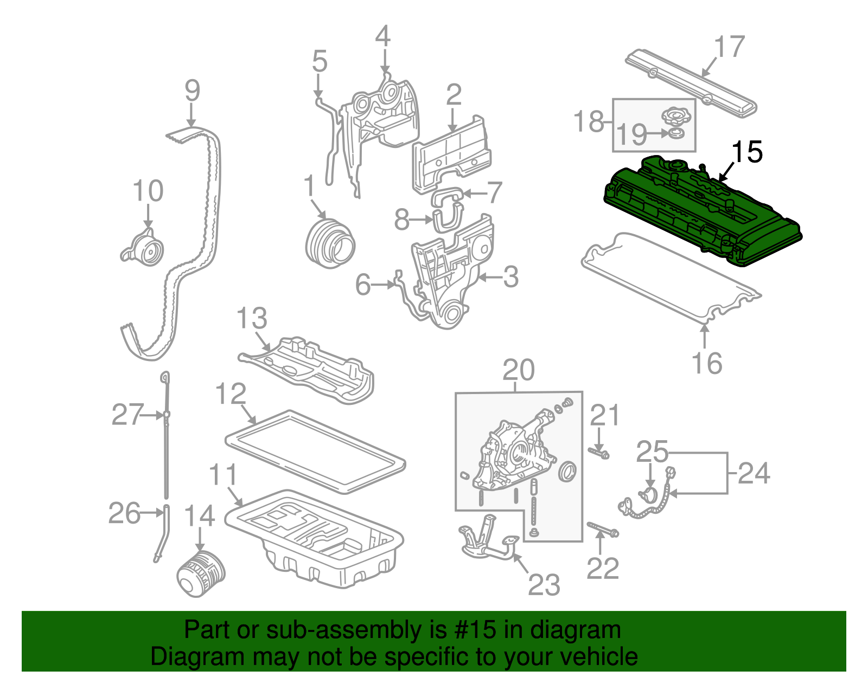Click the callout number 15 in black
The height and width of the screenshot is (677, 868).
747,152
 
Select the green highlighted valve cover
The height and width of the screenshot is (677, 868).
700,211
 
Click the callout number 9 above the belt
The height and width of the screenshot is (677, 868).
192,91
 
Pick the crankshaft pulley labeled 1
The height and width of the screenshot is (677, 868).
329,243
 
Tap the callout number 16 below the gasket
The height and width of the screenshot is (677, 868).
707,363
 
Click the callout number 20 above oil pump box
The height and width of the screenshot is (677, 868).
518,370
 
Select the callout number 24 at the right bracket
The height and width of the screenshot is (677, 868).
754,473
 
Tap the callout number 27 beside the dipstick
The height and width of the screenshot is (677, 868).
127,415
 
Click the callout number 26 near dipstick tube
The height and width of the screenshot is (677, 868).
124,513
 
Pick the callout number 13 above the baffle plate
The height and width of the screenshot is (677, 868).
252,318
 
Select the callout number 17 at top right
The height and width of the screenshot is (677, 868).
729,47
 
